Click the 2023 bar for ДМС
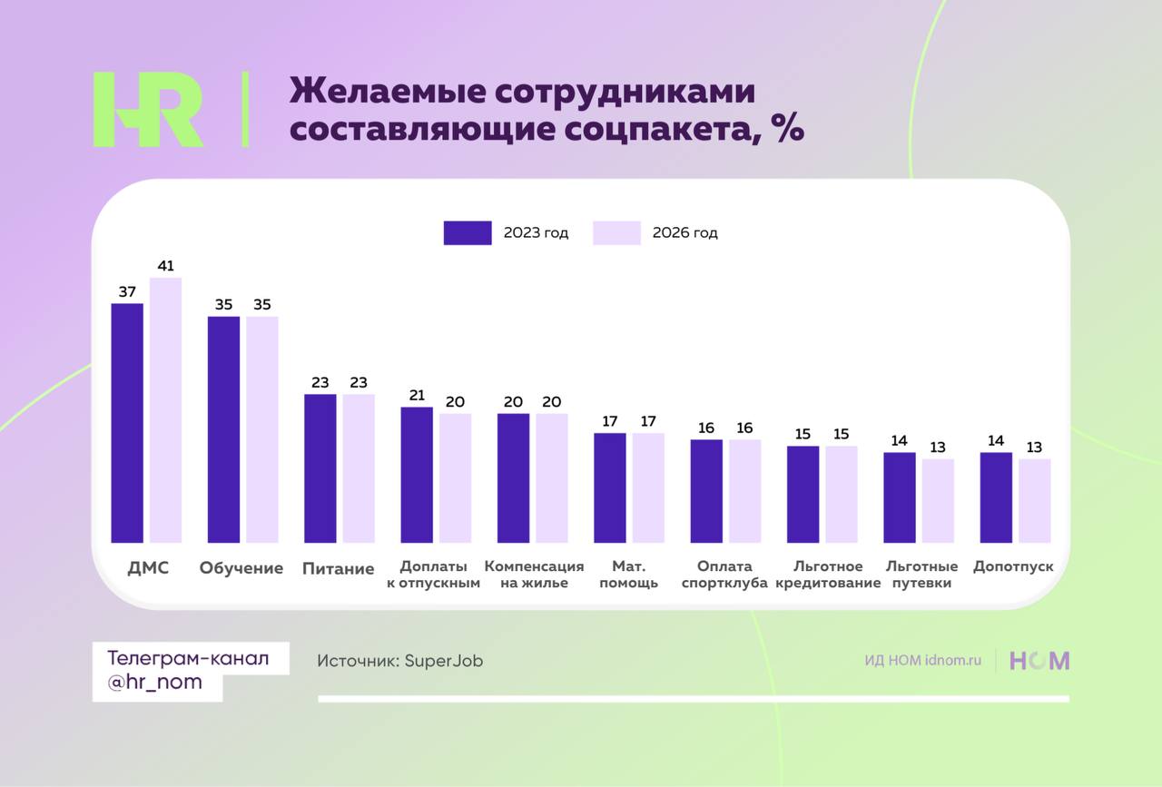point(127,423)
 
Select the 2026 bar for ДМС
point(165,410)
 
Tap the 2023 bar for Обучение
point(223,429)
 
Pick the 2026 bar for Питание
point(359,468)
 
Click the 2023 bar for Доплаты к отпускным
point(417,475)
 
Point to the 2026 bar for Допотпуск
point(1034,501)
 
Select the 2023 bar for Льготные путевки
point(899,497)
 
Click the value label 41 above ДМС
point(165,266)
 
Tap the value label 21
point(417,395)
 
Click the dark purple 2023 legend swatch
point(468,233)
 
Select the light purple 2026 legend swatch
point(616,233)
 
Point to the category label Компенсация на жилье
point(534,575)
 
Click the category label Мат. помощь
point(628,575)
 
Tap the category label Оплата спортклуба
point(724,575)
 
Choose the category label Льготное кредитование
point(828,575)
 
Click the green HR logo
point(148,110)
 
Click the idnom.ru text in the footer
point(953,661)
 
